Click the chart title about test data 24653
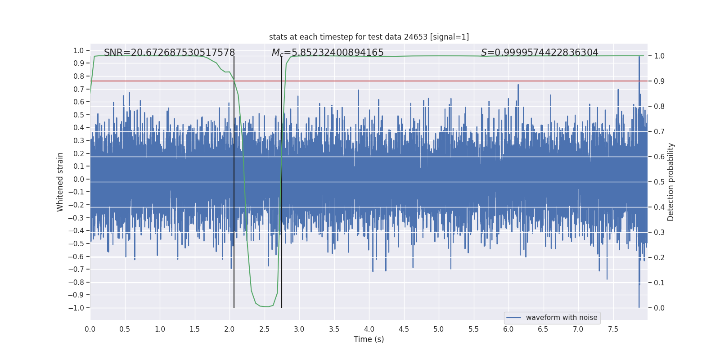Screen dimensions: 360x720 click(x=369, y=37)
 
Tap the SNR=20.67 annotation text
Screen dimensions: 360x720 click(x=169, y=53)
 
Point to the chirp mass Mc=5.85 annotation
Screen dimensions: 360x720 click(x=328, y=53)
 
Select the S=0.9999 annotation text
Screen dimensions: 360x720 click(x=540, y=53)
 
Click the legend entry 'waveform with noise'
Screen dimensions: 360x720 click(x=561, y=318)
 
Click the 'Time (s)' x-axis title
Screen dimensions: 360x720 click(x=369, y=339)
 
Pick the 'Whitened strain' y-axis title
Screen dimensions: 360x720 click(x=60, y=182)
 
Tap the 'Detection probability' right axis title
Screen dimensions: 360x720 click(x=671, y=182)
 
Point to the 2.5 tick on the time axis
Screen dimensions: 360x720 click(x=264, y=329)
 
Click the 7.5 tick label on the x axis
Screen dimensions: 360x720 click(x=613, y=329)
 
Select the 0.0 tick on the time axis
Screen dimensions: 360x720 click(x=90, y=329)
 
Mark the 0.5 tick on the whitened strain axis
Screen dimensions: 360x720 click(x=78, y=115)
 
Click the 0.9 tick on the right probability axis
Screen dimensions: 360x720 click(x=659, y=81)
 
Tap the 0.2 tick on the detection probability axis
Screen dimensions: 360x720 click(x=659, y=257)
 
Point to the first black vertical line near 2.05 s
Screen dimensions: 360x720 click(x=234, y=180)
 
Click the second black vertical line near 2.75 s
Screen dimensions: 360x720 click(x=282, y=180)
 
